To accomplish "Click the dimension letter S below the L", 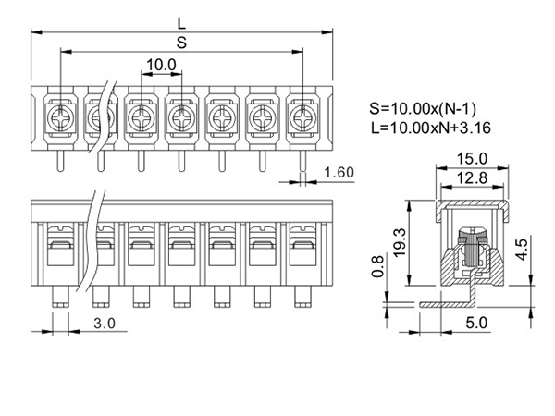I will pos(181,43).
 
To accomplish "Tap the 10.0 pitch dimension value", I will pos(161,65).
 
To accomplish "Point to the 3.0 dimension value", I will pos(105,324).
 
